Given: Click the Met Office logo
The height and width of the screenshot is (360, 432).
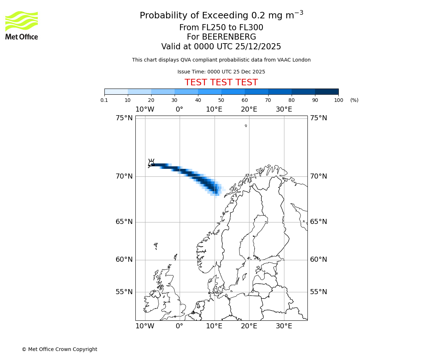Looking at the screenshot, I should click(x=22, y=25).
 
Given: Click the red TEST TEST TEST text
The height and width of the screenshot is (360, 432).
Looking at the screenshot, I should click(x=221, y=82).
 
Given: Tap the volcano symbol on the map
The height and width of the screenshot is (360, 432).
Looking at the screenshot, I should click(x=151, y=163).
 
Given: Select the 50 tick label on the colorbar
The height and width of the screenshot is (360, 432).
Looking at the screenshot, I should click(x=221, y=100).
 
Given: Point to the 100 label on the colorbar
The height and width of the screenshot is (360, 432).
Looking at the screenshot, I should click(x=338, y=100).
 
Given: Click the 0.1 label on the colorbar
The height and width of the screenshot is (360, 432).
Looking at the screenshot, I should click(x=104, y=100).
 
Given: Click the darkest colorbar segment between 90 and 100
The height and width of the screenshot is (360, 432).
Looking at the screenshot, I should click(x=327, y=91).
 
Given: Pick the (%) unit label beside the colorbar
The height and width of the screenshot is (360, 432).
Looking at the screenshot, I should click(x=354, y=100).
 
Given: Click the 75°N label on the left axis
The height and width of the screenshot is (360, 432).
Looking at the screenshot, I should click(x=124, y=118).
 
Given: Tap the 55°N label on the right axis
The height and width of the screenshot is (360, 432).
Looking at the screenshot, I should click(x=319, y=292).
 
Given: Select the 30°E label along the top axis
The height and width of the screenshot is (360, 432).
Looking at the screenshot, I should click(x=284, y=109).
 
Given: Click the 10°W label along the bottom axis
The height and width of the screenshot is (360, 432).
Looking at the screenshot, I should click(x=145, y=326).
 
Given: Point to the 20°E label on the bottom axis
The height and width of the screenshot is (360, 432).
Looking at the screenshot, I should click(x=249, y=326).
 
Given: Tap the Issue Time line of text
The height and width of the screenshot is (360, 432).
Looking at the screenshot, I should click(x=221, y=72).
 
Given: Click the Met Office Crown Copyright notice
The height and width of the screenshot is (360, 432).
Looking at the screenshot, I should click(x=59, y=349).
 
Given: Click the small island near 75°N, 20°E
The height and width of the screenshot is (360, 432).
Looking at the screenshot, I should click(x=246, y=126).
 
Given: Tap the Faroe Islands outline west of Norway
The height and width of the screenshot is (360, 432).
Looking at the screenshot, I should click(x=156, y=246).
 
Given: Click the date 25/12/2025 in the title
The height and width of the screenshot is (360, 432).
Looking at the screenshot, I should click(x=258, y=47).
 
